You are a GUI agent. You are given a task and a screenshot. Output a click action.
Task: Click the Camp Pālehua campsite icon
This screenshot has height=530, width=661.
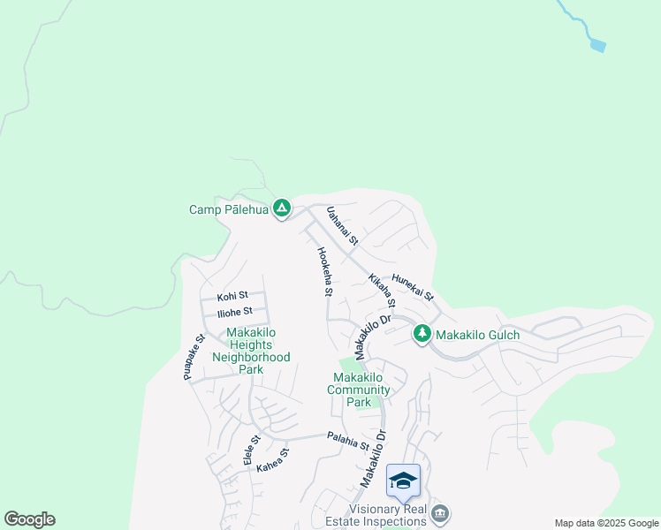[x=281, y=209]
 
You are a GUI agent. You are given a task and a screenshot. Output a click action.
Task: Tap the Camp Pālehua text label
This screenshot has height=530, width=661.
[x=227, y=210]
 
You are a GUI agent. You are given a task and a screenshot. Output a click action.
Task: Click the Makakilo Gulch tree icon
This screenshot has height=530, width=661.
[x=422, y=334]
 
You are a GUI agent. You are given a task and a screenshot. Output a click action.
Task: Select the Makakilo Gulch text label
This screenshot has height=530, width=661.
[x=478, y=335]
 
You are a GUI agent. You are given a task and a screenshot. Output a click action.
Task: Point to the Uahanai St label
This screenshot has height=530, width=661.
[x=341, y=226]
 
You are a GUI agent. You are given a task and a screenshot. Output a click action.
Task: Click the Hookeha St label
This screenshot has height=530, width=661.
[x=324, y=270]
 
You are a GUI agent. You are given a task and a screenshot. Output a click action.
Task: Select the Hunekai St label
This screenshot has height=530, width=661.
[x=413, y=284]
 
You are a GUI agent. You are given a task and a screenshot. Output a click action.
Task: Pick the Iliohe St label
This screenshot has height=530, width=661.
[x=235, y=311]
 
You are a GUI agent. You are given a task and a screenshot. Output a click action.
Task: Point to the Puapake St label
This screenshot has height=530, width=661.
[x=194, y=357]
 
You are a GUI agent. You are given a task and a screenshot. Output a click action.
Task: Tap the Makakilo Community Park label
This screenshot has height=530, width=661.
[x=359, y=390]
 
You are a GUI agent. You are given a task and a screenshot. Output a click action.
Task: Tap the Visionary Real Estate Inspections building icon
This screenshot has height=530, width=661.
[x=440, y=513]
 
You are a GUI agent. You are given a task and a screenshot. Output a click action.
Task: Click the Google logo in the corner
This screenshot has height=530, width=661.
[x=29, y=519]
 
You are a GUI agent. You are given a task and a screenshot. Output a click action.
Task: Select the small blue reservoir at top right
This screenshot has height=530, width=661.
[x=598, y=44]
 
